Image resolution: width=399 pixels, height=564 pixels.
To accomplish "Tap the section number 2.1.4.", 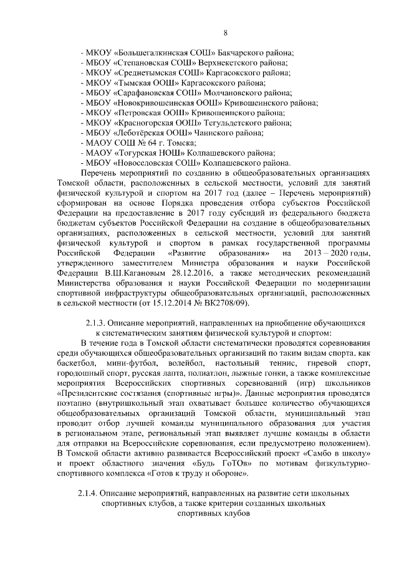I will (89, 492).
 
